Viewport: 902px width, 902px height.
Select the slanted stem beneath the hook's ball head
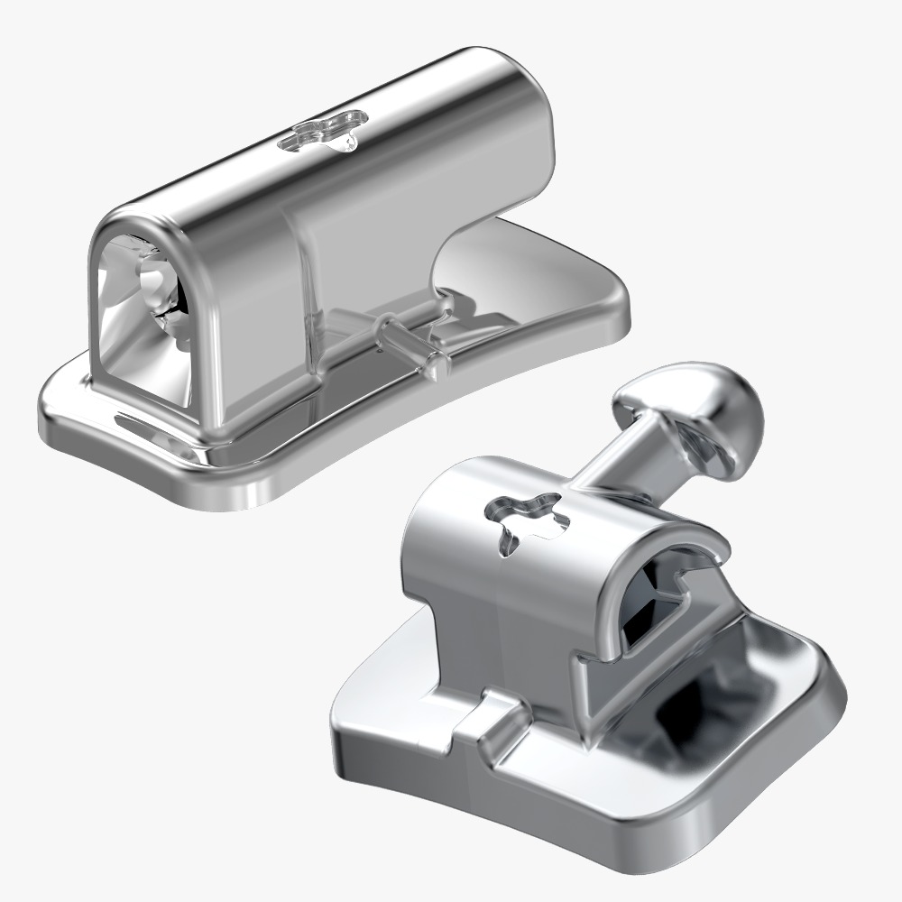point(622,460)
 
